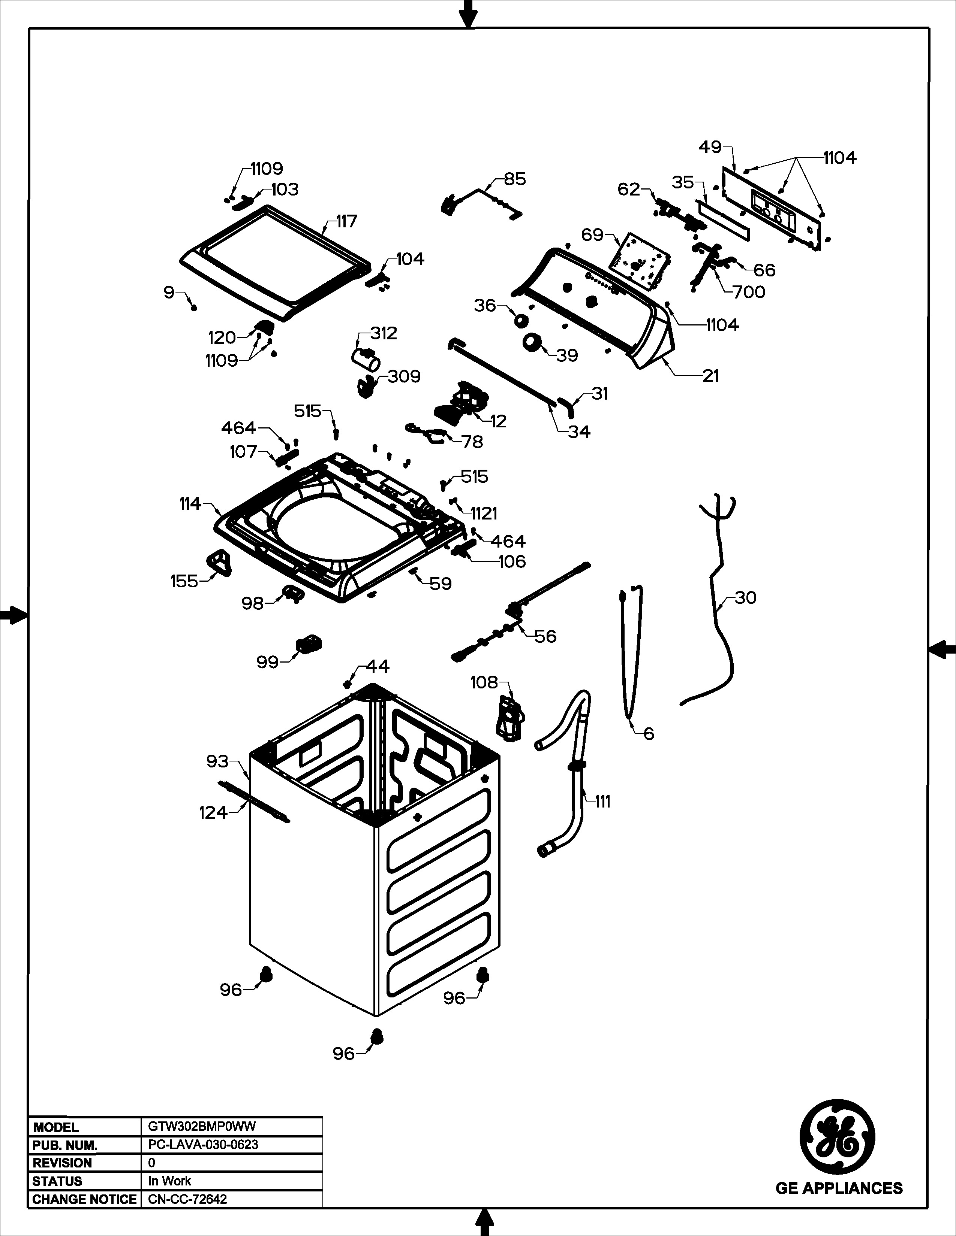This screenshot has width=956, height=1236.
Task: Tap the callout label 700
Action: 749,292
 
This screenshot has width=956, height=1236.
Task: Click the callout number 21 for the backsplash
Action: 710,376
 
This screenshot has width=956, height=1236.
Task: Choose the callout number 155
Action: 184,581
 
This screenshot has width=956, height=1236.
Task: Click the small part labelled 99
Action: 308,644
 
